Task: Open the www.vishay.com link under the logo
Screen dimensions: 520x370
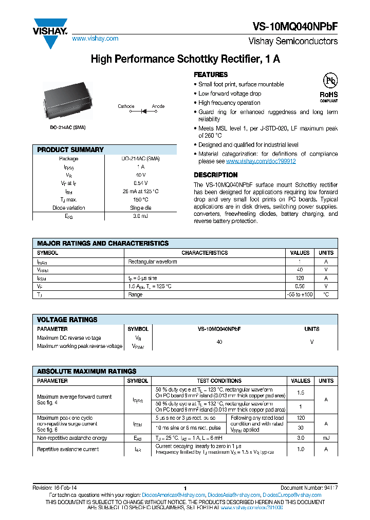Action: [x=95, y=39]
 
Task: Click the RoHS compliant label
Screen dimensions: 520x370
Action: [x=329, y=96]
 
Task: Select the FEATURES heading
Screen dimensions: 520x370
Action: [x=211, y=75]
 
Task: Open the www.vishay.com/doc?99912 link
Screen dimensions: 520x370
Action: [x=261, y=161]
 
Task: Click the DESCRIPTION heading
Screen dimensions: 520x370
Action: [x=215, y=175]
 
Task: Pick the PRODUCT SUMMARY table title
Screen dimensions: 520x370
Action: [x=70, y=150]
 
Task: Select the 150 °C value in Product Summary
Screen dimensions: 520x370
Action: [x=141, y=200]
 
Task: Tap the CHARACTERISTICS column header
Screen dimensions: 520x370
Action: [x=205, y=253]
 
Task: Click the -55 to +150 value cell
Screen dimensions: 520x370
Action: [x=300, y=294]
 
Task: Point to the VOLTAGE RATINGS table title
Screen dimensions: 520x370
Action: [x=67, y=320]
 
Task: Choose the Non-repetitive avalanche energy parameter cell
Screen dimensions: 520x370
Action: [x=72, y=438]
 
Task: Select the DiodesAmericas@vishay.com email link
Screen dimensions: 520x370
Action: [x=170, y=495]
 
